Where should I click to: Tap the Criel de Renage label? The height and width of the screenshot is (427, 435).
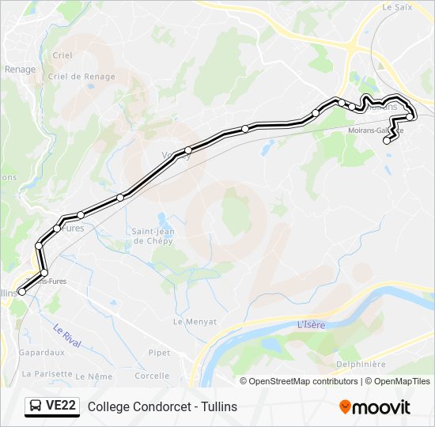[x=81, y=77]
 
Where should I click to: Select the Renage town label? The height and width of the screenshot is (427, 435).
[x=20, y=70]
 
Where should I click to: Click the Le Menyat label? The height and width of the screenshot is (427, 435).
[x=189, y=321]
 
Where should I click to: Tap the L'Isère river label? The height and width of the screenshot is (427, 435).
[x=312, y=325]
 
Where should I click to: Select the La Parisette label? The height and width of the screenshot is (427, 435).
[x=47, y=373]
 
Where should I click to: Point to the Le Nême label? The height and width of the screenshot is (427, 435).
[x=100, y=376]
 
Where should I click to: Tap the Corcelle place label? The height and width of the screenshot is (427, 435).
[x=153, y=376]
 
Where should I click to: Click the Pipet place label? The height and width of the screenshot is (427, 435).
[x=159, y=353]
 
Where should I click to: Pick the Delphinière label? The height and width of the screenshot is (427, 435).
[x=361, y=365]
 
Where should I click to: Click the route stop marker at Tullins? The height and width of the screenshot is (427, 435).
[x=21, y=292]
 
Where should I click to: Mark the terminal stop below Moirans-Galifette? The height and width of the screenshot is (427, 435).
[x=387, y=141]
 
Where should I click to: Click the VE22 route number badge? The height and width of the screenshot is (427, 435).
[x=61, y=406]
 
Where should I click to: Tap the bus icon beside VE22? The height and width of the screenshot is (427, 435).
[x=36, y=406]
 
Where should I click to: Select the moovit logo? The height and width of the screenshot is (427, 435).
[x=375, y=407]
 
